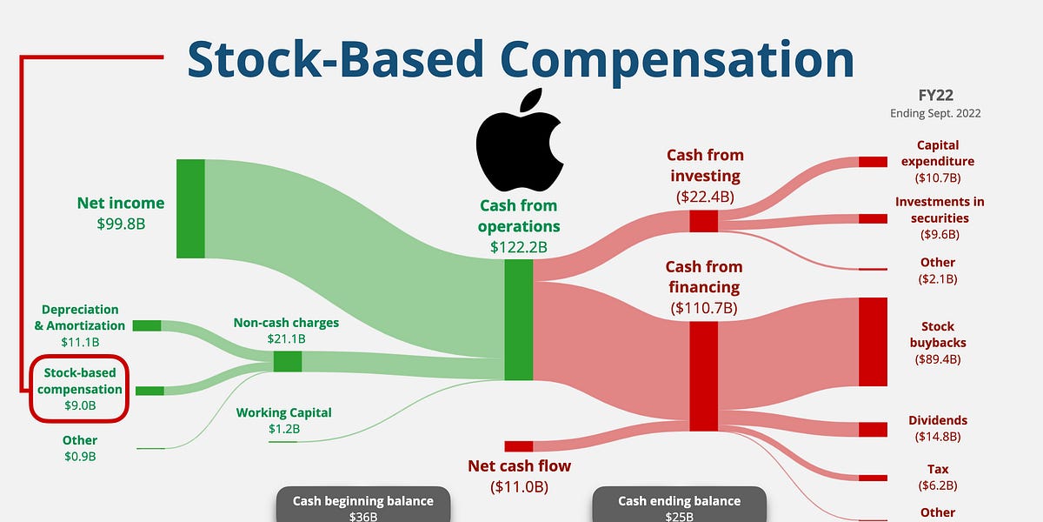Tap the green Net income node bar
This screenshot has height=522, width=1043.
(x=190, y=209)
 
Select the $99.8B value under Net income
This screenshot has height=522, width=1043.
(x=121, y=224)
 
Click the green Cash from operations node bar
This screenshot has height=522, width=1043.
(x=518, y=319)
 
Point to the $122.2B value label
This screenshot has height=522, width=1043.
(x=518, y=246)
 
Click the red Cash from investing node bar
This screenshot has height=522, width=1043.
(x=704, y=221)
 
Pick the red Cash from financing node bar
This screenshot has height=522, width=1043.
(x=704, y=376)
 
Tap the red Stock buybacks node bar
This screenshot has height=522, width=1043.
(x=873, y=342)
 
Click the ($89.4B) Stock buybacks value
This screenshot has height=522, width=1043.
(x=938, y=358)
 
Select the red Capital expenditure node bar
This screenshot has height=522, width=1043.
(x=873, y=162)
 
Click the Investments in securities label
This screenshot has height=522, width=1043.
(x=939, y=210)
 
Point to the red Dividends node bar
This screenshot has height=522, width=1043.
(x=873, y=429)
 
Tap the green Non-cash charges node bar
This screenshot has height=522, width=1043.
(x=287, y=361)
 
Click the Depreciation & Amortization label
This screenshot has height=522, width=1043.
(x=80, y=317)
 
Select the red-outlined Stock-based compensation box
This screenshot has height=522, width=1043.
(x=80, y=389)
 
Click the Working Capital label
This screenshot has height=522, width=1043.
(x=283, y=413)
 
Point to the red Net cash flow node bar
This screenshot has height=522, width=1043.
(x=518, y=446)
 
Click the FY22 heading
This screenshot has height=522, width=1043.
(x=935, y=97)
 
